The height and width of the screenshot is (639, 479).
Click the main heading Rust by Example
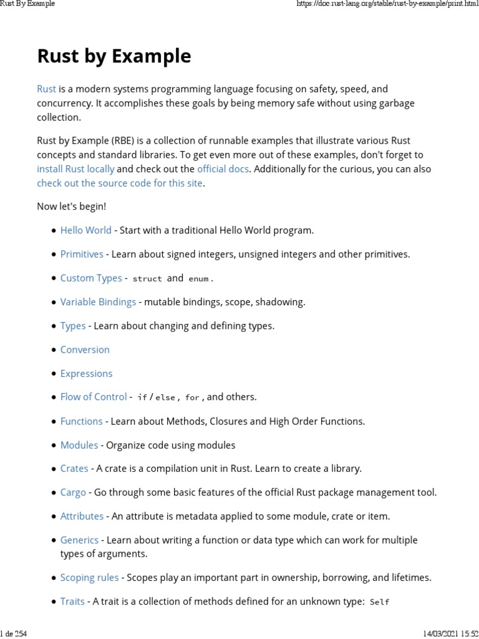click(114, 56)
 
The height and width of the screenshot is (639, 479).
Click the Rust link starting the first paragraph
click(47, 89)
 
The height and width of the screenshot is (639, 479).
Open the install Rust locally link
click(75, 169)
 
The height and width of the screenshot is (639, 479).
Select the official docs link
click(223, 169)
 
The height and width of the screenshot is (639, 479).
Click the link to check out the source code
click(120, 183)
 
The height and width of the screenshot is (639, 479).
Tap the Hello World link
click(86, 230)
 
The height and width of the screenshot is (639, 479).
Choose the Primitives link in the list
click(82, 254)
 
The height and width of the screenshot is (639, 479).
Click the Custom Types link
click(91, 278)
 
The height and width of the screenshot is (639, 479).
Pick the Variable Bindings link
click(98, 302)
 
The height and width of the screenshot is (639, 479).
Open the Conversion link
click(85, 349)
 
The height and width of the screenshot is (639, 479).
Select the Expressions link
click(86, 373)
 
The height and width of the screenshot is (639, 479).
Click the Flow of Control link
click(94, 397)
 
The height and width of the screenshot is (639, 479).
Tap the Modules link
click(79, 445)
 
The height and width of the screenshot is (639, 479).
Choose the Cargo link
click(73, 492)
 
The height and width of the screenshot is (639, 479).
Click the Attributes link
click(82, 516)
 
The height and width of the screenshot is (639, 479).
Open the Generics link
click(79, 540)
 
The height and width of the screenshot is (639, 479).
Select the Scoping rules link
click(89, 578)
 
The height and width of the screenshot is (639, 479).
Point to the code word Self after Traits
click(379, 602)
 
